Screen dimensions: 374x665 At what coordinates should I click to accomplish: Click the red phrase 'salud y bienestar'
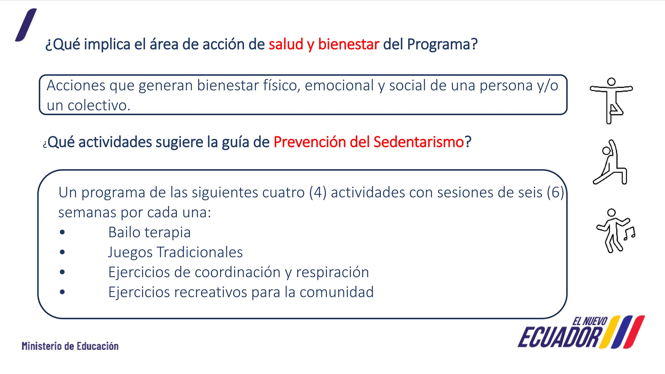point(324,44)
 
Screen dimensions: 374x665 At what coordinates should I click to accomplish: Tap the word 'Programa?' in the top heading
point(442,44)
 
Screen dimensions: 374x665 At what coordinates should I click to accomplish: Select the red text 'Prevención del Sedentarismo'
point(369,142)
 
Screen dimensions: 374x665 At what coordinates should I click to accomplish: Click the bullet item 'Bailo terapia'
point(149,232)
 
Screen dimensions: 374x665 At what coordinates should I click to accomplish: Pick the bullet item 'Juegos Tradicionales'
point(175,252)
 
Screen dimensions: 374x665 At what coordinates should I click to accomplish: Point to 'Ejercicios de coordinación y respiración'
point(239,272)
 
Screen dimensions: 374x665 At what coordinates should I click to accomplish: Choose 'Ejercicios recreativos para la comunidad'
point(241,292)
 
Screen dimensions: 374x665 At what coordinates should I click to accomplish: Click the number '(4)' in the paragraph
point(318,193)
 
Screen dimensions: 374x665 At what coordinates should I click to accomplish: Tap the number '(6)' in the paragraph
point(555,193)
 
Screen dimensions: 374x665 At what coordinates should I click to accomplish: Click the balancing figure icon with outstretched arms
point(611,100)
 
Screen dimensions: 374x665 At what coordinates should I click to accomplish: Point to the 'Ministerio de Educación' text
point(70,346)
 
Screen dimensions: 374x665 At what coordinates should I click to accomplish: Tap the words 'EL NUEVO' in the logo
point(590,321)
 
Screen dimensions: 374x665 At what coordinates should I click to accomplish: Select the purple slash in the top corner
point(26,25)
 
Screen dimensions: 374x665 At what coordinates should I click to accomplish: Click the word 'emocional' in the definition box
point(339,86)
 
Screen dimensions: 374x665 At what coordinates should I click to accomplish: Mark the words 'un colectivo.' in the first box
point(88,106)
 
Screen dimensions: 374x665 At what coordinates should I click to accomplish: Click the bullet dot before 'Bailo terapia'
point(62,232)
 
